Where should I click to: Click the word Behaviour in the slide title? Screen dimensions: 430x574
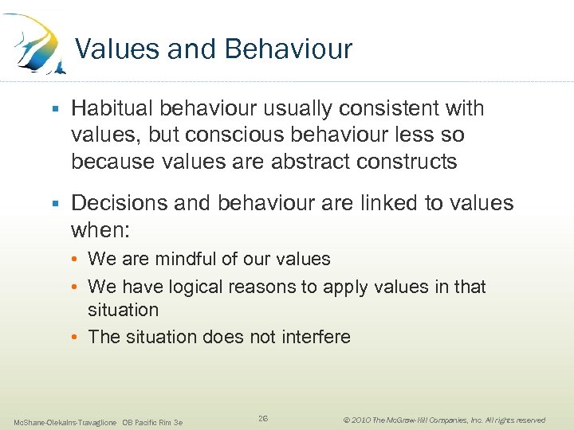tap(288, 49)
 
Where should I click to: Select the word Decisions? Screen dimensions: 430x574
tap(120, 203)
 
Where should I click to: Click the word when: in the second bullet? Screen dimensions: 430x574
tap(100, 230)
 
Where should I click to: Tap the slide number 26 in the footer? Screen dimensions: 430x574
tap(263, 419)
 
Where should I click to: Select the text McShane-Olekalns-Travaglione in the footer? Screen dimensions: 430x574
tap(65, 421)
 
